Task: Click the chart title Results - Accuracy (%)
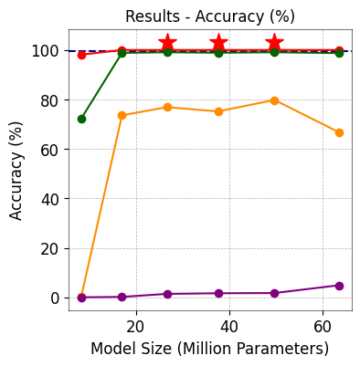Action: coord(210,16)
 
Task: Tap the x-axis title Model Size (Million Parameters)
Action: coord(209,349)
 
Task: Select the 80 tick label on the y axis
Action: coord(50,100)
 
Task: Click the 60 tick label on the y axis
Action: coord(50,150)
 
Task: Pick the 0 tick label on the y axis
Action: coord(55,298)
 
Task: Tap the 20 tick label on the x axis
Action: coord(135,326)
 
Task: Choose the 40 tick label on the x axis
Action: coord(229,326)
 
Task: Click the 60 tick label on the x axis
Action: coord(323,326)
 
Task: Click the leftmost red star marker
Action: coord(167,43)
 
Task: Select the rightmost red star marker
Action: coord(274,43)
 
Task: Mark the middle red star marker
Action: coord(218,43)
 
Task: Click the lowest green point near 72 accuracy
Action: coord(81,119)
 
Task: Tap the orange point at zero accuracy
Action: coord(81,297)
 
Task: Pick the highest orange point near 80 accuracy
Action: coord(274,100)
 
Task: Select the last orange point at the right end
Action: coord(339,132)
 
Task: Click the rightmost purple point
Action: coord(339,286)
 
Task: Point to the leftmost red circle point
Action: coord(81,55)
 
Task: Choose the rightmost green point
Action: coord(339,53)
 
